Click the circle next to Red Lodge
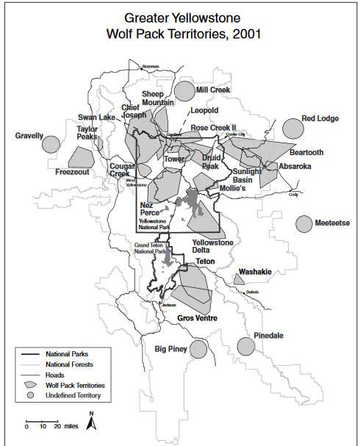(292, 128)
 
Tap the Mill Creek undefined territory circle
(184, 91)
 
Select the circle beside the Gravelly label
(51, 144)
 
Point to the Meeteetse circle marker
(305, 223)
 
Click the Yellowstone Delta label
(212, 247)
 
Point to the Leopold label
(204, 110)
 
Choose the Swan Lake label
(97, 118)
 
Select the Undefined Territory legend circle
(32, 395)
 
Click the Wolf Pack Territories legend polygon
(32, 384)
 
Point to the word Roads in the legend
(56, 374)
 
